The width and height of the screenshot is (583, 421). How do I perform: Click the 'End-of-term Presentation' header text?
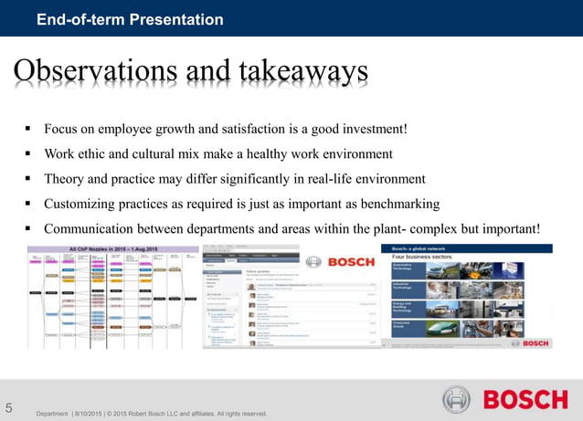[x=129, y=19]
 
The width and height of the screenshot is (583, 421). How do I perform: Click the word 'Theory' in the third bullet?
[x=64, y=178]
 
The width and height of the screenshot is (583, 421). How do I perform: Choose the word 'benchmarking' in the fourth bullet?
[x=400, y=203]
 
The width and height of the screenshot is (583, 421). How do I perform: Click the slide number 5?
[x=9, y=407]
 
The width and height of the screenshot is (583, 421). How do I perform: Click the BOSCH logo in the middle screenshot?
[x=349, y=262]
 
